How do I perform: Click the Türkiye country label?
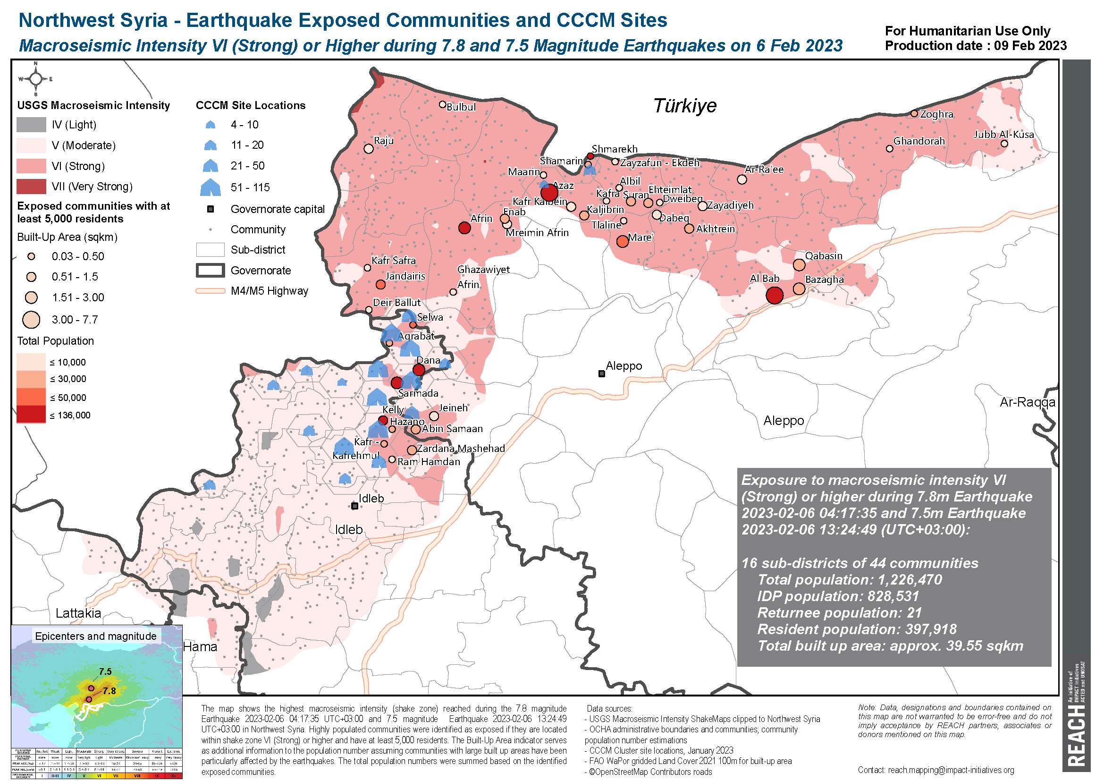(684, 105)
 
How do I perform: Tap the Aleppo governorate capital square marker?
(601, 374)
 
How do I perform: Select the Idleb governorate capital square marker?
(354, 506)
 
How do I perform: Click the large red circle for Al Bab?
(774, 295)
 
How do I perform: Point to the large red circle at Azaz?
(549, 193)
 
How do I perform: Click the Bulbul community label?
(461, 107)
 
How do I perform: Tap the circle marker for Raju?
(369, 149)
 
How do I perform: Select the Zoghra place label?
(936, 114)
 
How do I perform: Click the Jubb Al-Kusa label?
(1003, 135)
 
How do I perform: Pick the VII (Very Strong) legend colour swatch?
(31, 187)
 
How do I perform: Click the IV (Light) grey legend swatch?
(31, 125)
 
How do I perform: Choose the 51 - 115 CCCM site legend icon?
(210, 187)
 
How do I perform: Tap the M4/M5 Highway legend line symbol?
(210, 291)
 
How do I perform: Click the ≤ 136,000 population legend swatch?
(31, 415)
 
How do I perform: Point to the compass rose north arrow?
(36, 78)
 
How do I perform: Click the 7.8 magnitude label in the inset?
(109, 691)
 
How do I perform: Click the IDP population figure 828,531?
(893, 596)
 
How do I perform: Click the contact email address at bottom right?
(951, 770)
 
